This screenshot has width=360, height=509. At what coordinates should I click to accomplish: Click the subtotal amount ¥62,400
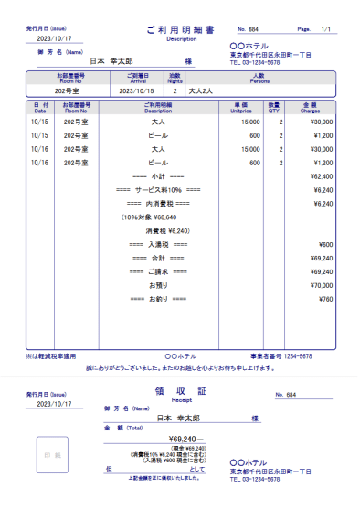pyautogui.click(x=321, y=175)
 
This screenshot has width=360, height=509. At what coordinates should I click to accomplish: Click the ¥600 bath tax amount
pyautogui.click(x=325, y=244)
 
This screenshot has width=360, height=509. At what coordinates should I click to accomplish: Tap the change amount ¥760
pyautogui.click(x=325, y=299)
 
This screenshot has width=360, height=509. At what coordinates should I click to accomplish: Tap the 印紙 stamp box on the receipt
pyautogui.click(x=51, y=454)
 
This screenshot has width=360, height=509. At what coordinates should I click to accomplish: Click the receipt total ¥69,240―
pyautogui.click(x=182, y=439)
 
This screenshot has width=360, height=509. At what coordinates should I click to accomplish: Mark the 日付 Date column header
pyautogui.click(x=40, y=107)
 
